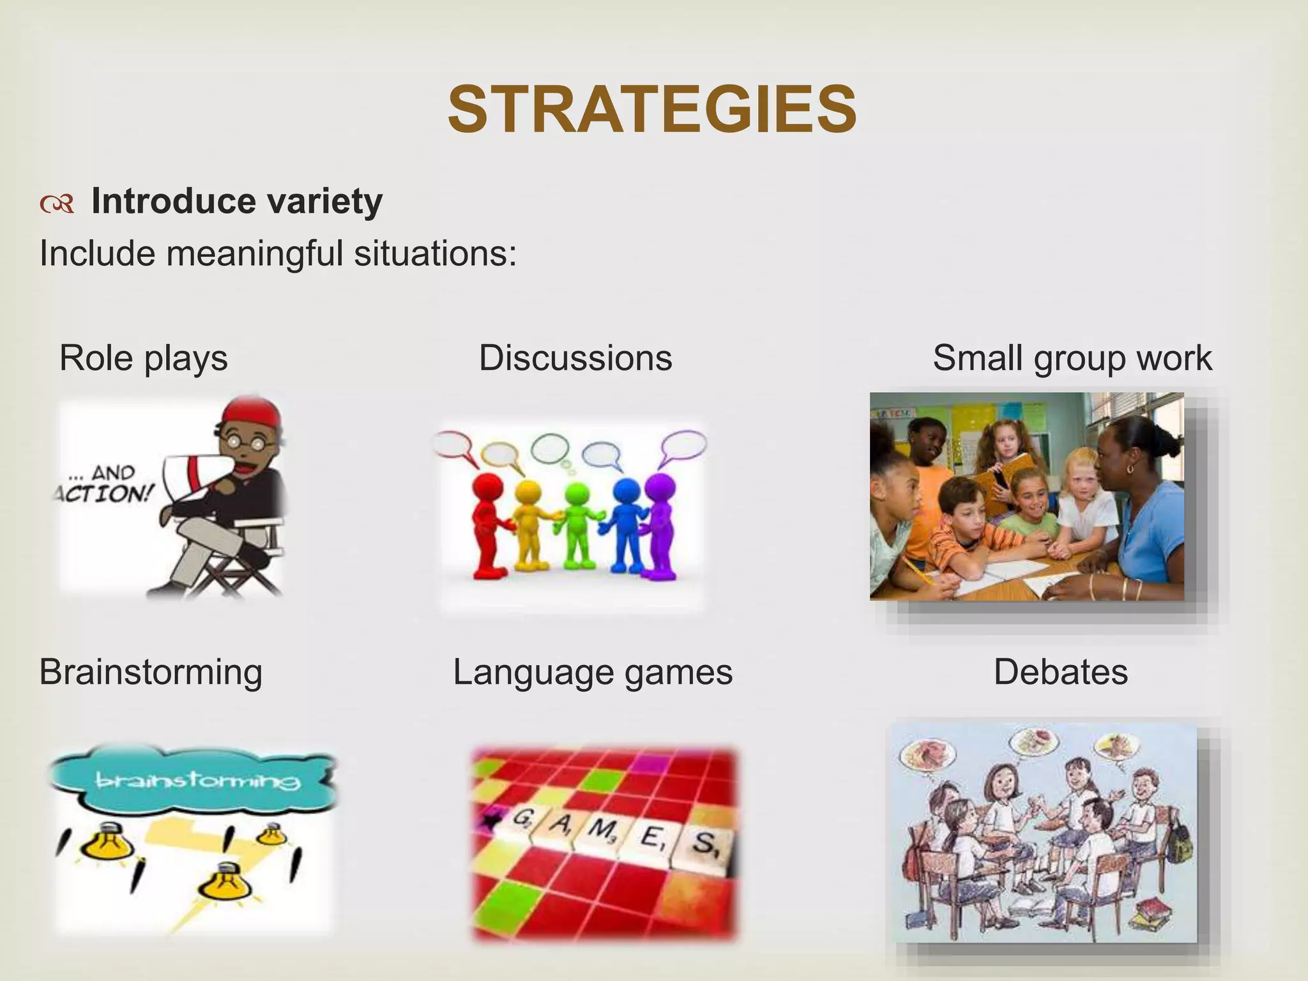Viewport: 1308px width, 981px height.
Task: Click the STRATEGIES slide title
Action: [652, 110]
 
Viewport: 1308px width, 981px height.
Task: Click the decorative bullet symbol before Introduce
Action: [57, 204]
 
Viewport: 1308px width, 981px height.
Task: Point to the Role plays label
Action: [143, 358]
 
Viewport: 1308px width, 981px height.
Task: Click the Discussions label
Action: [575, 358]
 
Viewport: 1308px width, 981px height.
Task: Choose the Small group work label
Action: [1072, 358]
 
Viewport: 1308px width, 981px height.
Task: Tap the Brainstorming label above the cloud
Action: [151, 672]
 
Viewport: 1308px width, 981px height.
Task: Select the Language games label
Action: [593, 672]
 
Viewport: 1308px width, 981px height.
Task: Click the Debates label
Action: [1061, 672]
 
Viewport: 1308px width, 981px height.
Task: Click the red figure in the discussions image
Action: [489, 524]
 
